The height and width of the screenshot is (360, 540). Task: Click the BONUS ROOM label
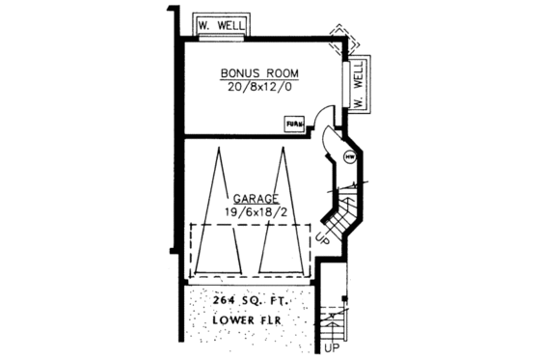pyautogui.click(x=257, y=73)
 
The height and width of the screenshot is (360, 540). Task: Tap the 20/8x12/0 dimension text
pyautogui.click(x=257, y=89)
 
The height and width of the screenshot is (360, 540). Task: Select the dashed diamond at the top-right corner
pyautogui.click(x=341, y=39)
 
